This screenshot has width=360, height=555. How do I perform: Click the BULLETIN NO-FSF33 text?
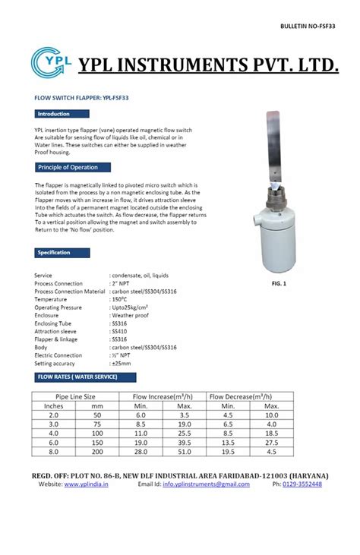311,26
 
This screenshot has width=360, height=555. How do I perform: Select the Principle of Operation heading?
68,167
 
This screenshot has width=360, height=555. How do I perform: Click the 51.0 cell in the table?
185,451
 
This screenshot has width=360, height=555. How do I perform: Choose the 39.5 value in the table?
185,440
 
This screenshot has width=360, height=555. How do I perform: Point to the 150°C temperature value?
122,300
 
